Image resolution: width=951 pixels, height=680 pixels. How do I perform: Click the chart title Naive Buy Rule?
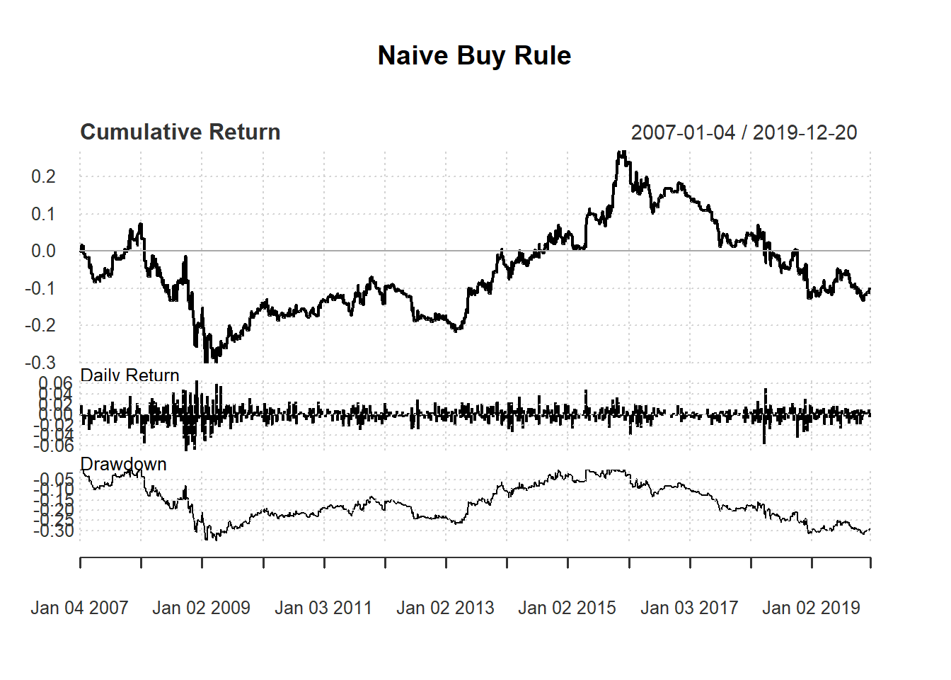coord(474,55)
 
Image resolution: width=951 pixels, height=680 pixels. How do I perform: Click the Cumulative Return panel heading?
coord(180,132)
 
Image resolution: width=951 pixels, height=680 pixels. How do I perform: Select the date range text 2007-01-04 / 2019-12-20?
coord(744,132)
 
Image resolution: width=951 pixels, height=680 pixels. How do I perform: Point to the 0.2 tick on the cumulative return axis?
coord(43,176)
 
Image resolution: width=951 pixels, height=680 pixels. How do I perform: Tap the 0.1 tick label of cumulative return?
coord(43,214)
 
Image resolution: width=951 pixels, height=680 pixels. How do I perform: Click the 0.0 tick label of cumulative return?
coord(43,251)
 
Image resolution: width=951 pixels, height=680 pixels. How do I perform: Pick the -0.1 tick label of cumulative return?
coord(40,288)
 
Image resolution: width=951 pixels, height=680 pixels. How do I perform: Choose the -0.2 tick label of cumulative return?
coord(40,326)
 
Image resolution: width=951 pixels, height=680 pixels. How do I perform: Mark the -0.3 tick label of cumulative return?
coord(40,363)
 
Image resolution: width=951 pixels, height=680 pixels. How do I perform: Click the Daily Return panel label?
coord(129,375)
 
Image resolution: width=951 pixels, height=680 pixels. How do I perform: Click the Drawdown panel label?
coord(123,464)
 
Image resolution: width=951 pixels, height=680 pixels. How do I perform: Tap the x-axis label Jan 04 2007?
coord(79,608)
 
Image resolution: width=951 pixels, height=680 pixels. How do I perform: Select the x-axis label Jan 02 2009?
coord(201,608)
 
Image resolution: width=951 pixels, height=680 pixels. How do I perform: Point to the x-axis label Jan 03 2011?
coord(323,608)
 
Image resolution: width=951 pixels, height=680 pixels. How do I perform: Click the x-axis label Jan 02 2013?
coord(445,608)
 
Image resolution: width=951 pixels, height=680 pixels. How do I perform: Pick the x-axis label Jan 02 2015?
coord(567,608)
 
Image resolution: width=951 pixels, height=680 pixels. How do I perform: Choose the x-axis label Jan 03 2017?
coord(689,608)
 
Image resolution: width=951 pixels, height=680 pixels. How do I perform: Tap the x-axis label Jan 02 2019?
coord(811,608)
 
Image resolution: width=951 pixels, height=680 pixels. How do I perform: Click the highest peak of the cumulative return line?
coord(621,152)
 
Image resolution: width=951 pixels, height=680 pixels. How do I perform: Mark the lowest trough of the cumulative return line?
coord(206,361)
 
